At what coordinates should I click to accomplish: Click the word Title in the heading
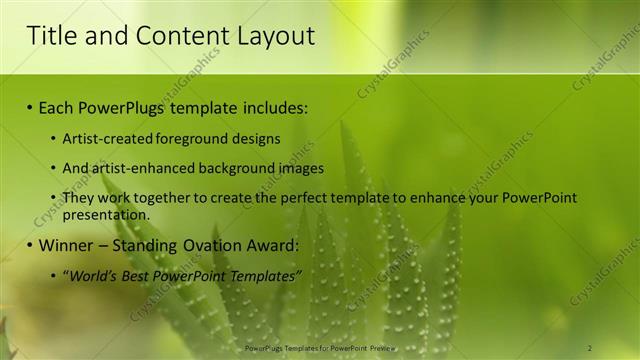click(50, 37)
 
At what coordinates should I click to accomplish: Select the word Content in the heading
click(165, 37)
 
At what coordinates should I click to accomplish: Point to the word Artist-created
click(104, 139)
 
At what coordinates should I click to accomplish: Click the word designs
click(255, 139)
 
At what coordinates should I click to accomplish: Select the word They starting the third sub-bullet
click(78, 198)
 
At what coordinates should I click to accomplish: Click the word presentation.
click(105, 214)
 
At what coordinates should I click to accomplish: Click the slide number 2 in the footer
click(589, 348)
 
